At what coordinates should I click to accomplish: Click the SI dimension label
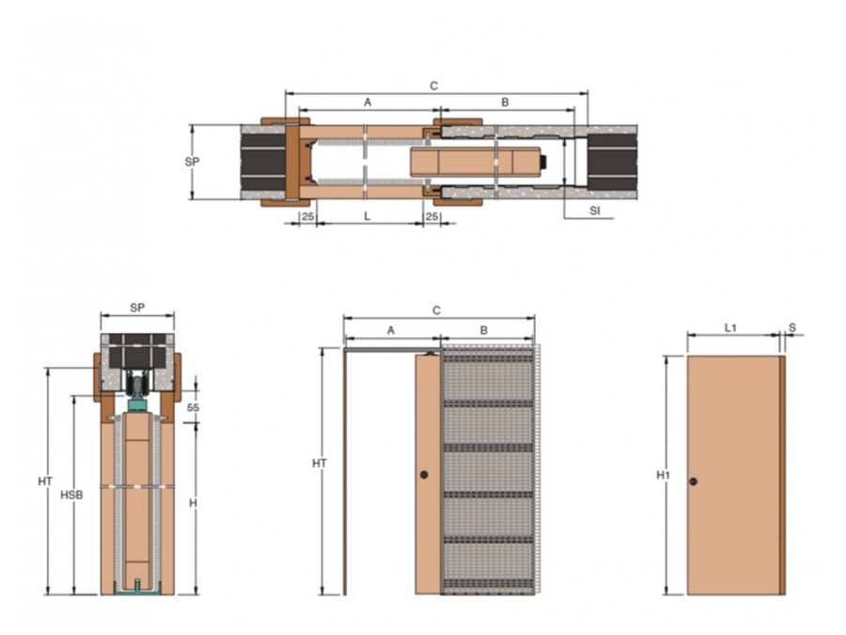click(x=594, y=211)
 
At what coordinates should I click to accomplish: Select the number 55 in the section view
click(x=193, y=407)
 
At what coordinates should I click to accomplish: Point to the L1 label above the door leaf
click(x=730, y=327)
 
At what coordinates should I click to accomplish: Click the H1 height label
click(x=662, y=476)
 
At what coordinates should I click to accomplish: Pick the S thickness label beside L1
click(x=791, y=327)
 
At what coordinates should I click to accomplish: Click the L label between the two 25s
click(x=367, y=216)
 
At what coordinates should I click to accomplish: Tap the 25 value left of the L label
click(x=306, y=216)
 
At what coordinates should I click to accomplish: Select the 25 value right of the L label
click(x=431, y=216)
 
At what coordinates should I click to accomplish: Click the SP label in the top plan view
click(x=192, y=161)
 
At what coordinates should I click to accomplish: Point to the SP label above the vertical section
click(x=137, y=308)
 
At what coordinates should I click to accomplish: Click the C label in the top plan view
click(x=433, y=86)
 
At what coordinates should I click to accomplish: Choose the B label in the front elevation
click(x=484, y=330)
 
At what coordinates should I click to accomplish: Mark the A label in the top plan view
click(x=368, y=102)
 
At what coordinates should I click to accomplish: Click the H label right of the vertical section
click(x=192, y=503)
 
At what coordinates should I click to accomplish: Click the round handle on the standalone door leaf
click(x=693, y=482)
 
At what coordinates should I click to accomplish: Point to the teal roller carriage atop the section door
click(x=137, y=404)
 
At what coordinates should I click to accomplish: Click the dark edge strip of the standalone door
click(x=782, y=475)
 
